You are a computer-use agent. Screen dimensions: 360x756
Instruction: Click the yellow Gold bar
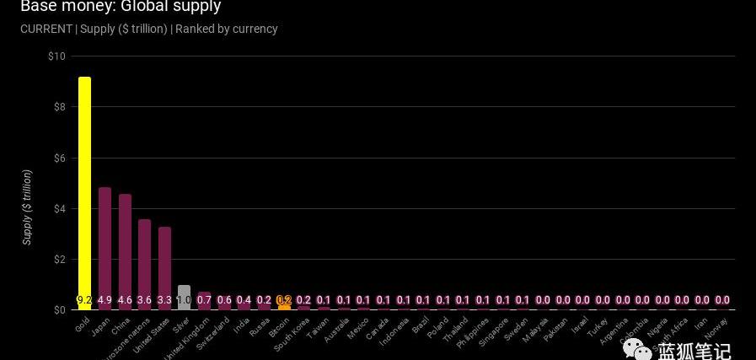point(84,185)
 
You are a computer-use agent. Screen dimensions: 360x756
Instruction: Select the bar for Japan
point(105,244)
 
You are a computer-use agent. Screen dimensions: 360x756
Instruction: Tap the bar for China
point(125,249)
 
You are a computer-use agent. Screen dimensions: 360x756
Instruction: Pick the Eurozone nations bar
point(144,261)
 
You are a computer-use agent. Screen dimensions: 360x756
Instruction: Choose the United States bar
point(164,266)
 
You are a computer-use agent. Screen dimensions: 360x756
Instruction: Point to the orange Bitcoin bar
point(284,306)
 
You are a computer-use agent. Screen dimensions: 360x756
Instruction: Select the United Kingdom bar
point(204,297)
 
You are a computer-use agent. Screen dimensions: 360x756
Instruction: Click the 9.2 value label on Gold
point(84,300)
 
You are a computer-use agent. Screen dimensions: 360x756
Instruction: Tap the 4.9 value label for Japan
point(105,300)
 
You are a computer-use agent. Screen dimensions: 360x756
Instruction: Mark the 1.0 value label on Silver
point(184,300)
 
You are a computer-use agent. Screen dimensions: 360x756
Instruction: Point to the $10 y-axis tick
point(56,56)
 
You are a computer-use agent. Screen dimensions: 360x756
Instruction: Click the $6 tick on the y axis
point(59,158)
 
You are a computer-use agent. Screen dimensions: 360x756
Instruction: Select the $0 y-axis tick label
point(59,309)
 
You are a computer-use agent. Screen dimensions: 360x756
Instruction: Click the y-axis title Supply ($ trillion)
point(27,207)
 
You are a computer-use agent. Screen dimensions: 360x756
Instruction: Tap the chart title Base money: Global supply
point(121,7)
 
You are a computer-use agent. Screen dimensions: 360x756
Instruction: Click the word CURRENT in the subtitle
point(46,29)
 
